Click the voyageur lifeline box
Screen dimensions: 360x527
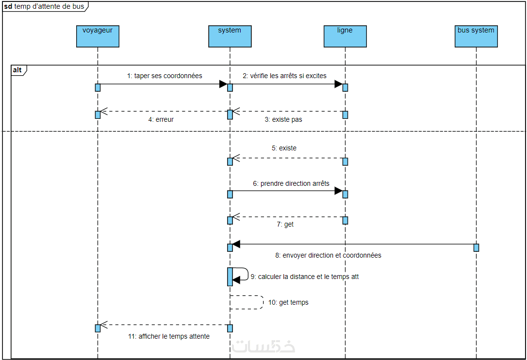(x=98, y=36)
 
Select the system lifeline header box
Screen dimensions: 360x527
(x=230, y=36)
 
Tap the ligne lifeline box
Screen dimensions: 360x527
(x=345, y=36)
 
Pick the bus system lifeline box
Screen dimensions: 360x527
(x=476, y=36)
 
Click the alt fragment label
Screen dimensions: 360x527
(x=17, y=70)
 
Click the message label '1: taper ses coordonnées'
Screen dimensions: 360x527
(x=165, y=76)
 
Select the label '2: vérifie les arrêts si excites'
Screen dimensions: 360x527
(x=285, y=76)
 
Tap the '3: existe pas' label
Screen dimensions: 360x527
(x=283, y=119)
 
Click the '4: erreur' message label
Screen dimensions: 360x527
(x=161, y=119)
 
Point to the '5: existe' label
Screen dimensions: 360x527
(x=284, y=148)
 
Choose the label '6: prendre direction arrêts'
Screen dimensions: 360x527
(x=291, y=183)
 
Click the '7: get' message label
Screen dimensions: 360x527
(x=285, y=225)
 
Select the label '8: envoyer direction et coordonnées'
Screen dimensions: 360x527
(x=328, y=255)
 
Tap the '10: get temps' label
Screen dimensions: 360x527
(x=288, y=302)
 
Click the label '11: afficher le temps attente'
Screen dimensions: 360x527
(x=169, y=336)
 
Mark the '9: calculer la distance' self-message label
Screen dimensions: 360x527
(x=305, y=277)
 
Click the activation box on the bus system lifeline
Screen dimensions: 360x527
(x=476, y=247)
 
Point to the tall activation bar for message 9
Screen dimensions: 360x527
(x=230, y=277)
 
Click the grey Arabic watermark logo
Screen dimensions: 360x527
(x=263, y=347)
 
